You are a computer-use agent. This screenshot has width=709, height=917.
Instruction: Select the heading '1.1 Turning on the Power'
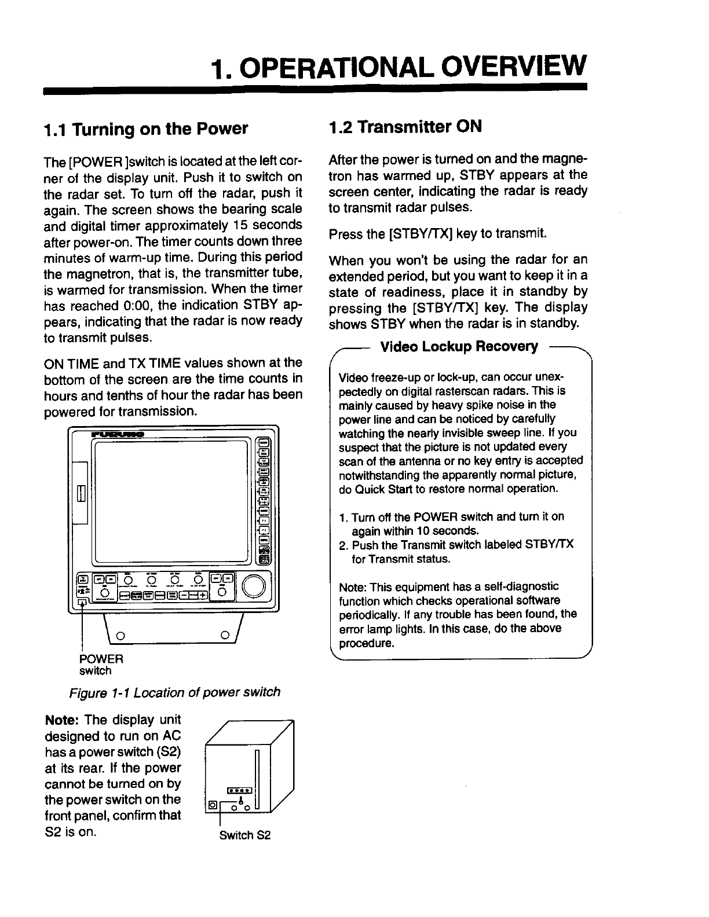coord(146,128)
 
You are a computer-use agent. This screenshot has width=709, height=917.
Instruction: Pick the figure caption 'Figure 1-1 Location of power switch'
coord(174,692)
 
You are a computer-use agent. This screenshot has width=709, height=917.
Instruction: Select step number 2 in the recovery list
coord(342,545)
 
